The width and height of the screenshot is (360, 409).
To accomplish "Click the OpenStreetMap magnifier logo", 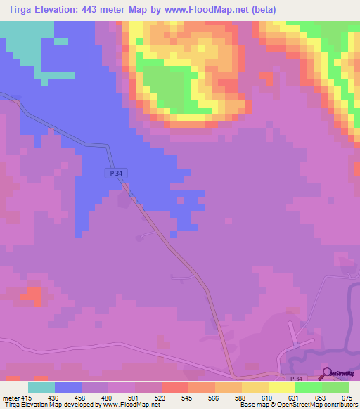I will point(327,374).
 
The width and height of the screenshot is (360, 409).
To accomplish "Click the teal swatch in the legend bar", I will point(41,387).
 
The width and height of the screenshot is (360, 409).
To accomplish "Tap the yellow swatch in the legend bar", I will point(282,387).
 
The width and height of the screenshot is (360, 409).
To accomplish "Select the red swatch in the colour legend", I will point(175,387).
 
